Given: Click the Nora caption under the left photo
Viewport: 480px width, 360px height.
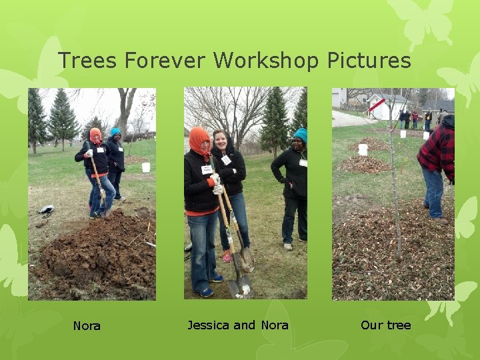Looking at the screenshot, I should coord(87,326).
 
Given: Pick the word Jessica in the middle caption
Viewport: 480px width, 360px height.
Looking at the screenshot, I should coord(208,325).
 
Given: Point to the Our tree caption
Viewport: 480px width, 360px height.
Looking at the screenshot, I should coord(385,325).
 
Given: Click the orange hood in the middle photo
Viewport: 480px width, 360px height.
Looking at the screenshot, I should coord(198,140).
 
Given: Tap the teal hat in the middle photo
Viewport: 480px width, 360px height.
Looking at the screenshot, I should coord(301,135).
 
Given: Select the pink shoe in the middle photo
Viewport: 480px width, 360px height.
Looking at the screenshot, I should coord(227,256).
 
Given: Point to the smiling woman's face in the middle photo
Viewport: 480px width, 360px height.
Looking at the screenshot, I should coord(220,141).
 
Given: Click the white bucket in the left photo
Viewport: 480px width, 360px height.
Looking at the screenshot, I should coord(146,167).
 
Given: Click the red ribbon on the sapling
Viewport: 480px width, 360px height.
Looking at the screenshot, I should coord(377,105).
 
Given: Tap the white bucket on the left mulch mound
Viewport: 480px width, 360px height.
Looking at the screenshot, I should coord(363,149).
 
